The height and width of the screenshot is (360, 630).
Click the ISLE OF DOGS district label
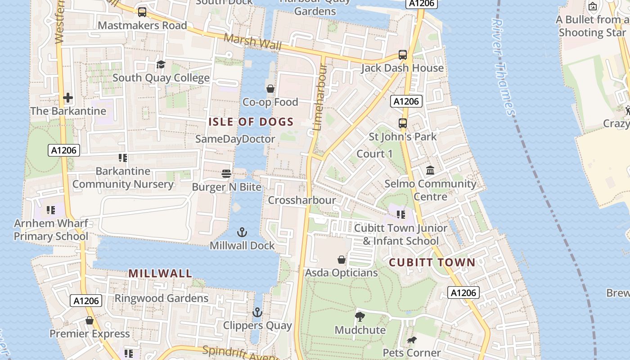pyautogui.click(x=251, y=121)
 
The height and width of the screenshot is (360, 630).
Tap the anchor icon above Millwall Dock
pyautogui.click(x=242, y=232)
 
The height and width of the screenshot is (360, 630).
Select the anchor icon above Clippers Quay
pyautogui.click(x=257, y=312)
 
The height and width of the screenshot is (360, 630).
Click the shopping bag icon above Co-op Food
pyautogui.click(x=270, y=89)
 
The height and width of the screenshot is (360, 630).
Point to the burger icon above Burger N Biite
pyautogui.click(x=226, y=174)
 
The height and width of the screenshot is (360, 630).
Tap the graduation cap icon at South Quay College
pyautogui.click(x=161, y=65)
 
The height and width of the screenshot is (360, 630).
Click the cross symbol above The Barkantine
pyautogui.click(x=68, y=98)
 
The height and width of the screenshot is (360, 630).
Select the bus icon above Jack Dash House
pyautogui.click(x=403, y=55)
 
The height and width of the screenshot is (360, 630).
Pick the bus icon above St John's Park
pyautogui.click(x=403, y=123)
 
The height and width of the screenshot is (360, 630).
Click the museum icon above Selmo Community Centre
pyautogui.click(x=430, y=171)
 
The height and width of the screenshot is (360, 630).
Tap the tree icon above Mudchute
pyautogui.click(x=360, y=317)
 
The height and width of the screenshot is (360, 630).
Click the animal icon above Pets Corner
pyautogui.click(x=412, y=340)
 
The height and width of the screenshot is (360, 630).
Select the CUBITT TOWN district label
pyautogui.click(x=432, y=262)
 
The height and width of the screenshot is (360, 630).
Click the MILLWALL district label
pyautogui.click(x=161, y=273)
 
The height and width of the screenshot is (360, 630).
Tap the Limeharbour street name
pyautogui.click(x=319, y=97)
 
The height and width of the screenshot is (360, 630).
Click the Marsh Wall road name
pyautogui.click(x=252, y=42)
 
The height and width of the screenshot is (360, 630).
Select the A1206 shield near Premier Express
pyautogui.click(x=86, y=301)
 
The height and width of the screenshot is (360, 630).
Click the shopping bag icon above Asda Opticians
pyautogui.click(x=342, y=260)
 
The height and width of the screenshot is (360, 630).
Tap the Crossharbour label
pyautogui.click(x=302, y=200)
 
